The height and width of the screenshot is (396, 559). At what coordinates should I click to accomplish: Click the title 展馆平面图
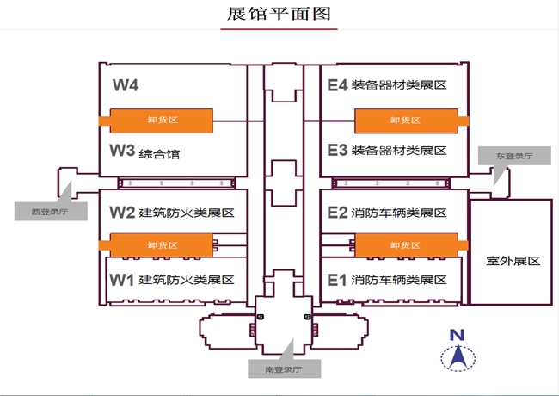(278, 15)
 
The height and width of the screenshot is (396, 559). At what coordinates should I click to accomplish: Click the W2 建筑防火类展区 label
(172, 213)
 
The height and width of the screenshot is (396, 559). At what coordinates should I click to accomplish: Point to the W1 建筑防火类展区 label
(172, 280)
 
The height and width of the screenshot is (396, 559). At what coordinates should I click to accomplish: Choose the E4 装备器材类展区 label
(387, 85)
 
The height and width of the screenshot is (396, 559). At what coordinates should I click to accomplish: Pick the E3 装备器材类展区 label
(387, 151)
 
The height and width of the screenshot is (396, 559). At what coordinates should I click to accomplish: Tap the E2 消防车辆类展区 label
(387, 213)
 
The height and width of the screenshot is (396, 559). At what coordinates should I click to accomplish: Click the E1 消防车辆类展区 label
(387, 280)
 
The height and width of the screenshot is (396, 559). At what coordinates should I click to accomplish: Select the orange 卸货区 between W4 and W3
(160, 121)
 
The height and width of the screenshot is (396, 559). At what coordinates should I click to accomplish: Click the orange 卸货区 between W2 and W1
(160, 245)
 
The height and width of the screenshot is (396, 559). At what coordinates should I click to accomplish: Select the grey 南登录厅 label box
(285, 369)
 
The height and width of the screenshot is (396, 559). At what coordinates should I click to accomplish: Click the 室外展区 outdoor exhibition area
(511, 259)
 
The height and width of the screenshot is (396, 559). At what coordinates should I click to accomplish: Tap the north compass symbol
(458, 356)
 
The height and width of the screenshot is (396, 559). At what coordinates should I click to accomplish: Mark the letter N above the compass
(458, 335)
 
